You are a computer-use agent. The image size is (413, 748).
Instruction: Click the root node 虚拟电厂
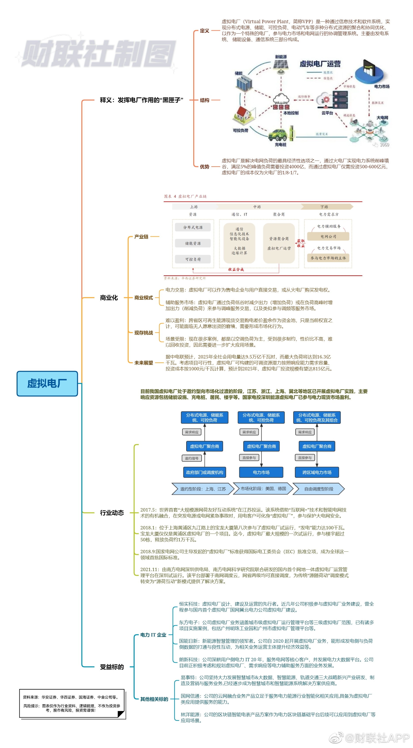(x=47, y=383)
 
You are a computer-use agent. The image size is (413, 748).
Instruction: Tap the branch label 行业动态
(x=112, y=513)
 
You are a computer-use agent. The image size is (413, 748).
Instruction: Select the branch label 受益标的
(x=112, y=667)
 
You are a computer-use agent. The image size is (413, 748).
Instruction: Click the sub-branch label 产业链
(x=141, y=237)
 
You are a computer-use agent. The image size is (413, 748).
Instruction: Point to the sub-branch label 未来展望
(x=144, y=363)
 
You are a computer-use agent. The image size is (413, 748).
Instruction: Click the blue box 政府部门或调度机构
(x=205, y=472)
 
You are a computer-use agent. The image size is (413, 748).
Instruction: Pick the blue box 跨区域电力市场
(x=317, y=472)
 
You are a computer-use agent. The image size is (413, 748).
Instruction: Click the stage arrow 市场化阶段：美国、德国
(x=263, y=489)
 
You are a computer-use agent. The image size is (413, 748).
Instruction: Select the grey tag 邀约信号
(x=192, y=458)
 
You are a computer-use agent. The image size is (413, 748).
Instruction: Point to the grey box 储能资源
(x=193, y=243)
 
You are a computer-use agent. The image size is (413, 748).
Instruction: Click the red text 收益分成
(x=236, y=269)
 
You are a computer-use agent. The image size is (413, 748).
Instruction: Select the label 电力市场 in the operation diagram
(x=382, y=87)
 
